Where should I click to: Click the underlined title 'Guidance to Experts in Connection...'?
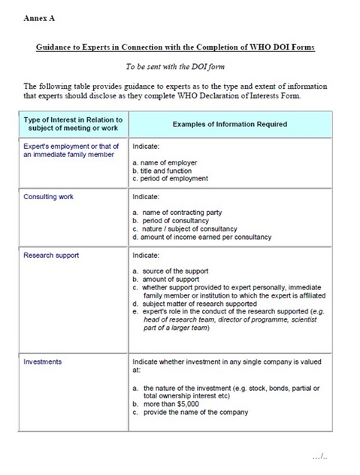point(180,47)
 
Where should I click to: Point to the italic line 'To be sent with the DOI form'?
point(180,67)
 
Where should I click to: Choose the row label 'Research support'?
point(51,256)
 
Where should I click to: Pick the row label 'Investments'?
point(43,362)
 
